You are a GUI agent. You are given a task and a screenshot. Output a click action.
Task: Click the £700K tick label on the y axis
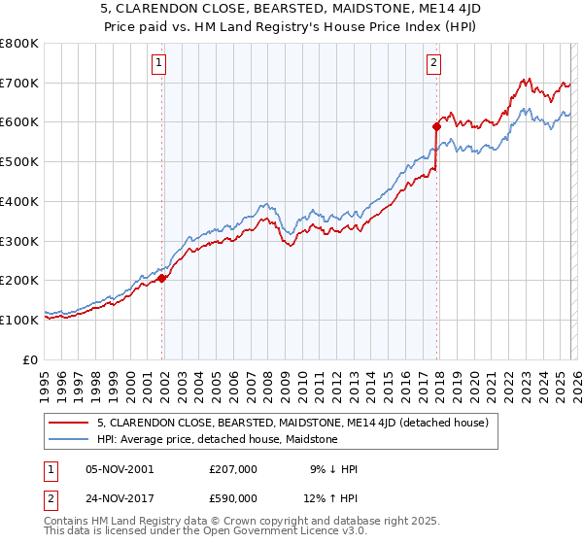19,83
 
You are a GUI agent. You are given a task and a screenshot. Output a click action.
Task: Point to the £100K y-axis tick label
19,320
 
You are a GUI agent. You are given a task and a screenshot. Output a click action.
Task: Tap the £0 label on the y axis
30,359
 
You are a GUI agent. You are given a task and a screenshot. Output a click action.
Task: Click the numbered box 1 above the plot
159,64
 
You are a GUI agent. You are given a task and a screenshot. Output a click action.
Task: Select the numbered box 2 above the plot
433,64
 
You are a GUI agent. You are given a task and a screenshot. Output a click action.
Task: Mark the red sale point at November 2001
162,278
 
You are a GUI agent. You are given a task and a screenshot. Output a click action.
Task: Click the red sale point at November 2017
437,125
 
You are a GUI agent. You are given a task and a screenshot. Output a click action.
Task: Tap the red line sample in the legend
70,423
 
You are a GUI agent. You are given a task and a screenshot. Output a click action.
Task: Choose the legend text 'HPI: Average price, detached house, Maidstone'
217,439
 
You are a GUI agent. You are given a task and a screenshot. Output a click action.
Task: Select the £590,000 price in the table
233,499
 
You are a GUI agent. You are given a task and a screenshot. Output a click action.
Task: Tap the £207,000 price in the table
233,469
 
